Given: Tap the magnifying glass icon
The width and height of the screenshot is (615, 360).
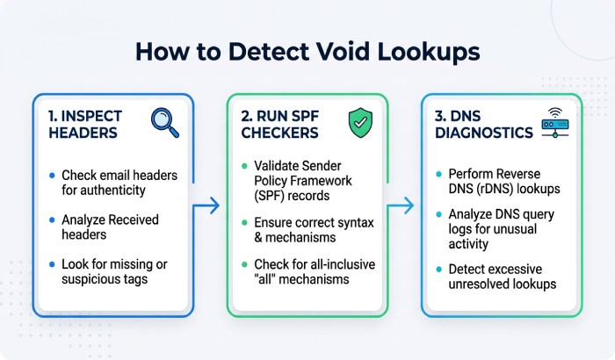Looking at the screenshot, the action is [165, 123].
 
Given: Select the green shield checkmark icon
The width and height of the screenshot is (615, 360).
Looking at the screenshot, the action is [360, 123].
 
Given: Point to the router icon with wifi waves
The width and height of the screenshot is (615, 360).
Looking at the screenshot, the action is [555, 123].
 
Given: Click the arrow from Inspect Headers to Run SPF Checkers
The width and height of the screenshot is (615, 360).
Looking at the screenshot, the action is [206, 205].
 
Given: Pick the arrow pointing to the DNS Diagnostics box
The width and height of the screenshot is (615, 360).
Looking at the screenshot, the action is [400, 205].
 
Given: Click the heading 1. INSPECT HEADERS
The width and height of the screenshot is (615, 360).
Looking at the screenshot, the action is [85, 125].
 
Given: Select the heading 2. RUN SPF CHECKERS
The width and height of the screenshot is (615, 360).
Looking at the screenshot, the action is [279, 125].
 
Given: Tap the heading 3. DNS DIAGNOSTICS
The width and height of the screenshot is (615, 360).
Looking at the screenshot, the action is [484, 125].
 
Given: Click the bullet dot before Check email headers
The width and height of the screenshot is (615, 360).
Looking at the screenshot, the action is [52, 176].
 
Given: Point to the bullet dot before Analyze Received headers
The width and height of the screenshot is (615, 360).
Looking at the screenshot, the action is [52, 220].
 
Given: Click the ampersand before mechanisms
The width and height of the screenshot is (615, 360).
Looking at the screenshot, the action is [258, 238].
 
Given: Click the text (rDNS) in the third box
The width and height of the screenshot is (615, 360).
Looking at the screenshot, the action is [495, 189].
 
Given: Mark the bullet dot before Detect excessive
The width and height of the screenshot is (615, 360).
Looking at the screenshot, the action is [439, 270].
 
